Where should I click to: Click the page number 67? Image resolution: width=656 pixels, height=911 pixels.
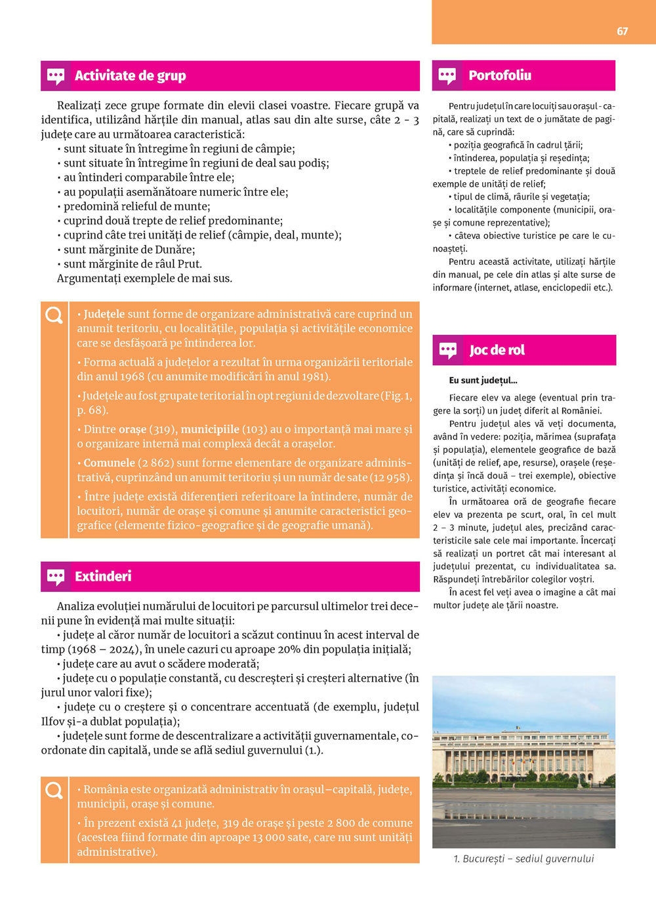point(622,31)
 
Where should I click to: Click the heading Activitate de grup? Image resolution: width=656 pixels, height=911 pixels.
point(130,76)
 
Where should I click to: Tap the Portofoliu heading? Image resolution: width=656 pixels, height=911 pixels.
point(500,75)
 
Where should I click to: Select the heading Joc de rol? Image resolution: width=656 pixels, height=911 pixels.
point(497,350)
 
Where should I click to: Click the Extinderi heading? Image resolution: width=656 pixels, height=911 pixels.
point(103,577)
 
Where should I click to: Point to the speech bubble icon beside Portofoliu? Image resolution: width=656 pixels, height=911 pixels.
point(447,76)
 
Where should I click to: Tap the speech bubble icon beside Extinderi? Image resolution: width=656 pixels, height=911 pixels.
point(56,577)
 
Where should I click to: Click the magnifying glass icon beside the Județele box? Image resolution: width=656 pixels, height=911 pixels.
point(54,316)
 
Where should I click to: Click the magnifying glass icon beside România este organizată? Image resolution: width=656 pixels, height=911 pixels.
point(54,791)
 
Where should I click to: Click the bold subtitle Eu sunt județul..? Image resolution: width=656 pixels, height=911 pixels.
point(483,380)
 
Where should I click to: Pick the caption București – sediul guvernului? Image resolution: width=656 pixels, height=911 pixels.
point(523,859)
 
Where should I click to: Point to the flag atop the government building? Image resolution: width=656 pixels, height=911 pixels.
point(518,727)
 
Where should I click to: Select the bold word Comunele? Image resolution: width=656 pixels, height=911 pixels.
point(109,463)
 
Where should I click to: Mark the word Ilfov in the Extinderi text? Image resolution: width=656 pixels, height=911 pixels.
point(53,722)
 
